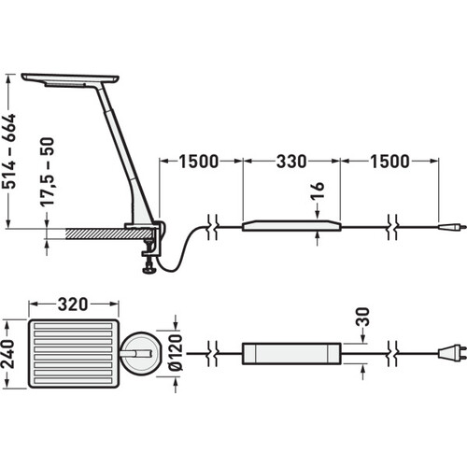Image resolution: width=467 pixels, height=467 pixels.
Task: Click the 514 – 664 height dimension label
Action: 8,151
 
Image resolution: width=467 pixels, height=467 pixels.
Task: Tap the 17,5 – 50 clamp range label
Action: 48,172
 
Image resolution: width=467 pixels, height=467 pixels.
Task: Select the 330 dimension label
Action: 291,162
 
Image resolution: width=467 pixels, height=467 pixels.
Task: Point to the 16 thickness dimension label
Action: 318,190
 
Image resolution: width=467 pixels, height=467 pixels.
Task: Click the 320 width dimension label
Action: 73,304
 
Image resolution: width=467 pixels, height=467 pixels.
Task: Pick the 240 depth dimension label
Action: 8,354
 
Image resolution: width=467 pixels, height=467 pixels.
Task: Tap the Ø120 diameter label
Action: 176,352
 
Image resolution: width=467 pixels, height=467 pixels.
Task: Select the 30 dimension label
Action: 362,317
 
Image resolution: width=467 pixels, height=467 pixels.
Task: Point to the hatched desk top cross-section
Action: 110,233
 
